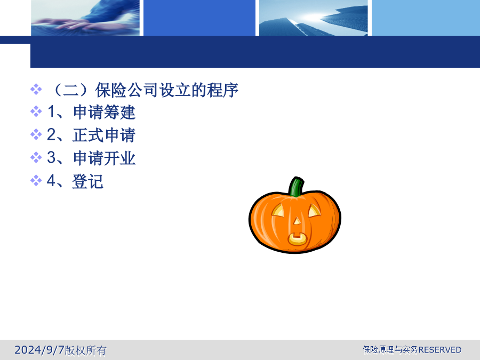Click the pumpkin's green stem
pos(296,187)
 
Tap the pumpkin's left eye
pos(278,211)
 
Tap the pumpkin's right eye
pos(314,211)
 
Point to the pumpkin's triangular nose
pos(297,221)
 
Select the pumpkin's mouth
pos(297,239)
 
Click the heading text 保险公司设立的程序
pos(167,90)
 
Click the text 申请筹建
pos(104,112)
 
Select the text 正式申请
pos(104,135)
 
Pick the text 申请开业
pos(104,158)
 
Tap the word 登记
pos(88,181)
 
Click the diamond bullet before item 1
pos(36,111)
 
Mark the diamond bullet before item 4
pos(36,180)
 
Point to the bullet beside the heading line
pos(36,90)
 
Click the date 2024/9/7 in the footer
pos(39,349)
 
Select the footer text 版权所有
pos(85,350)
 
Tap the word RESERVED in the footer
pos(440,349)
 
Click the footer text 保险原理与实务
pos(390,349)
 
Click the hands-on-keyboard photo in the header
pos(85,18)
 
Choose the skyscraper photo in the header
pos(314,18)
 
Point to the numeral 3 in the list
pos(51,157)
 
